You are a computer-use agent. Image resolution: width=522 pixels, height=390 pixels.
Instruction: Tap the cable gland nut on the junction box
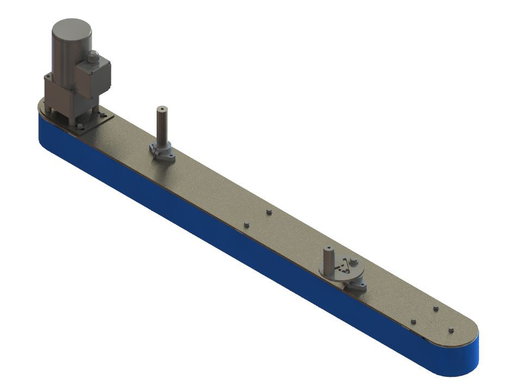93,55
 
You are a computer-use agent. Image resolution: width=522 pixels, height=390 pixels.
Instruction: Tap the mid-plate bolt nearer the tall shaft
269,211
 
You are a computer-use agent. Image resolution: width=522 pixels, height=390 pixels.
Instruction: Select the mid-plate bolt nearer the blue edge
246,224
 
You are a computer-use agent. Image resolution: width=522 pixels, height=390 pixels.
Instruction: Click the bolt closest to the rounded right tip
451,330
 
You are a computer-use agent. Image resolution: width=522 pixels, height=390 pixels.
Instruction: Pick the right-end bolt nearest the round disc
413,321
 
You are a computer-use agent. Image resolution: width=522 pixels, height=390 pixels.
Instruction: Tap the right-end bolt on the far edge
436,309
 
